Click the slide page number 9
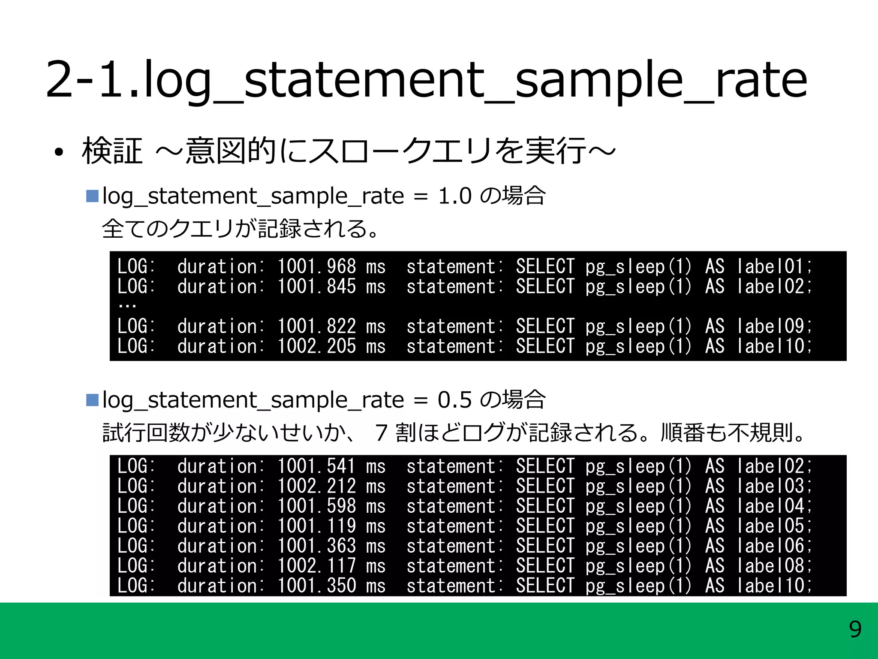(x=855, y=630)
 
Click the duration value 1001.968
(x=316, y=267)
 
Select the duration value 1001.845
(x=316, y=287)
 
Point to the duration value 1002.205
(x=316, y=346)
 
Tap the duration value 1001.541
(x=316, y=466)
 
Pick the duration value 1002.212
(x=316, y=487)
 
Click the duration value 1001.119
(x=316, y=526)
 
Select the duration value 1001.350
(x=316, y=586)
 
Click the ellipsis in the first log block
(x=127, y=305)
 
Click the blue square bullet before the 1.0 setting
(x=92, y=196)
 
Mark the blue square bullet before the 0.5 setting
(x=92, y=400)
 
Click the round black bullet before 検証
(x=59, y=152)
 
